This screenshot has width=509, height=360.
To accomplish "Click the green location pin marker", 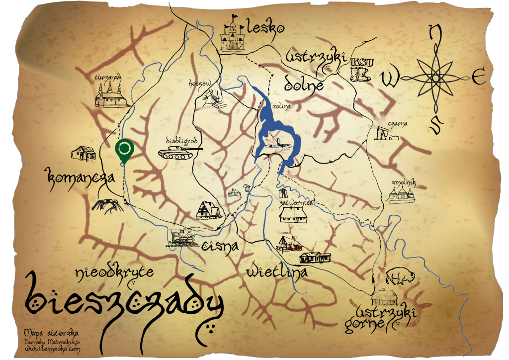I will (124, 150).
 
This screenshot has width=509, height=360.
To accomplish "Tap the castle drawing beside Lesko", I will (232, 34).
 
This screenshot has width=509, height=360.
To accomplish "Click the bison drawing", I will (397, 275).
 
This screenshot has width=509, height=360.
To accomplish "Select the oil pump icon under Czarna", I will (387, 133).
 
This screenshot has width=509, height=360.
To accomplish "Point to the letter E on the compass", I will (478, 78).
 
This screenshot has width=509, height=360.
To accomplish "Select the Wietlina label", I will (276, 272).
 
